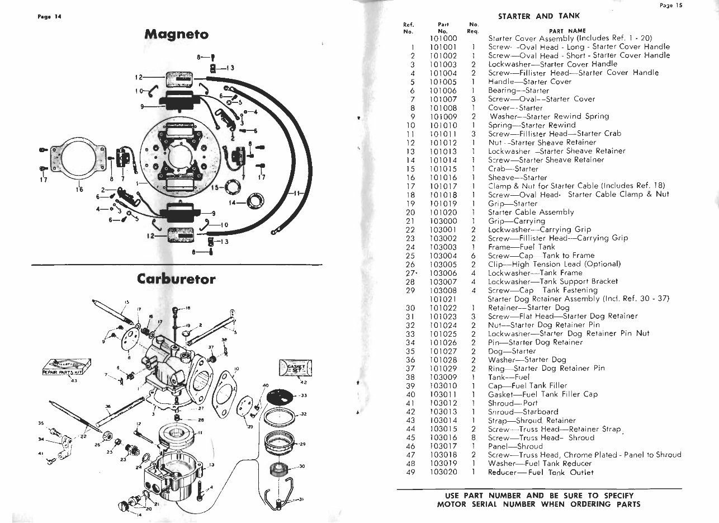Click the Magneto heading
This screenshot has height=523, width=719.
pyautogui.click(x=176, y=34)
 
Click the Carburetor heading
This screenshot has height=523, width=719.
pyautogui.click(x=176, y=279)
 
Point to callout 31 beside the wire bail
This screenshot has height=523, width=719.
pyautogui.click(x=300, y=499)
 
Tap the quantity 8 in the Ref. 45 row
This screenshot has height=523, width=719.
pyautogui.click(x=473, y=437)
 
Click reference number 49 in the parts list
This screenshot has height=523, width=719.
pyautogui.click(x=411, y=472)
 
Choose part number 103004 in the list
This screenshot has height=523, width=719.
pyautogui.click(x=444, y=255)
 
